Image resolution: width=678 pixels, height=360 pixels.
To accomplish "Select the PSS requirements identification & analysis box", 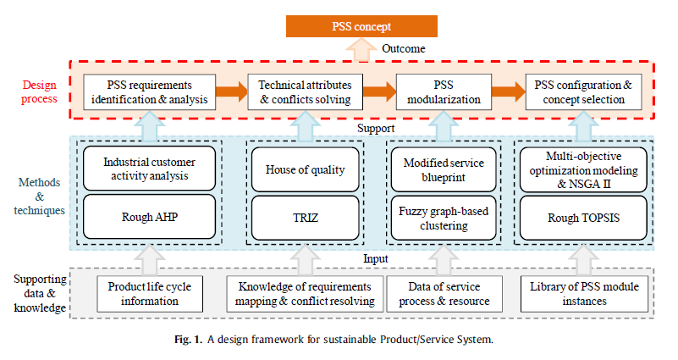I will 149,92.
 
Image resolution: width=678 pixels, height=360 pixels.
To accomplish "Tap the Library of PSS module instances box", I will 581,294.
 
